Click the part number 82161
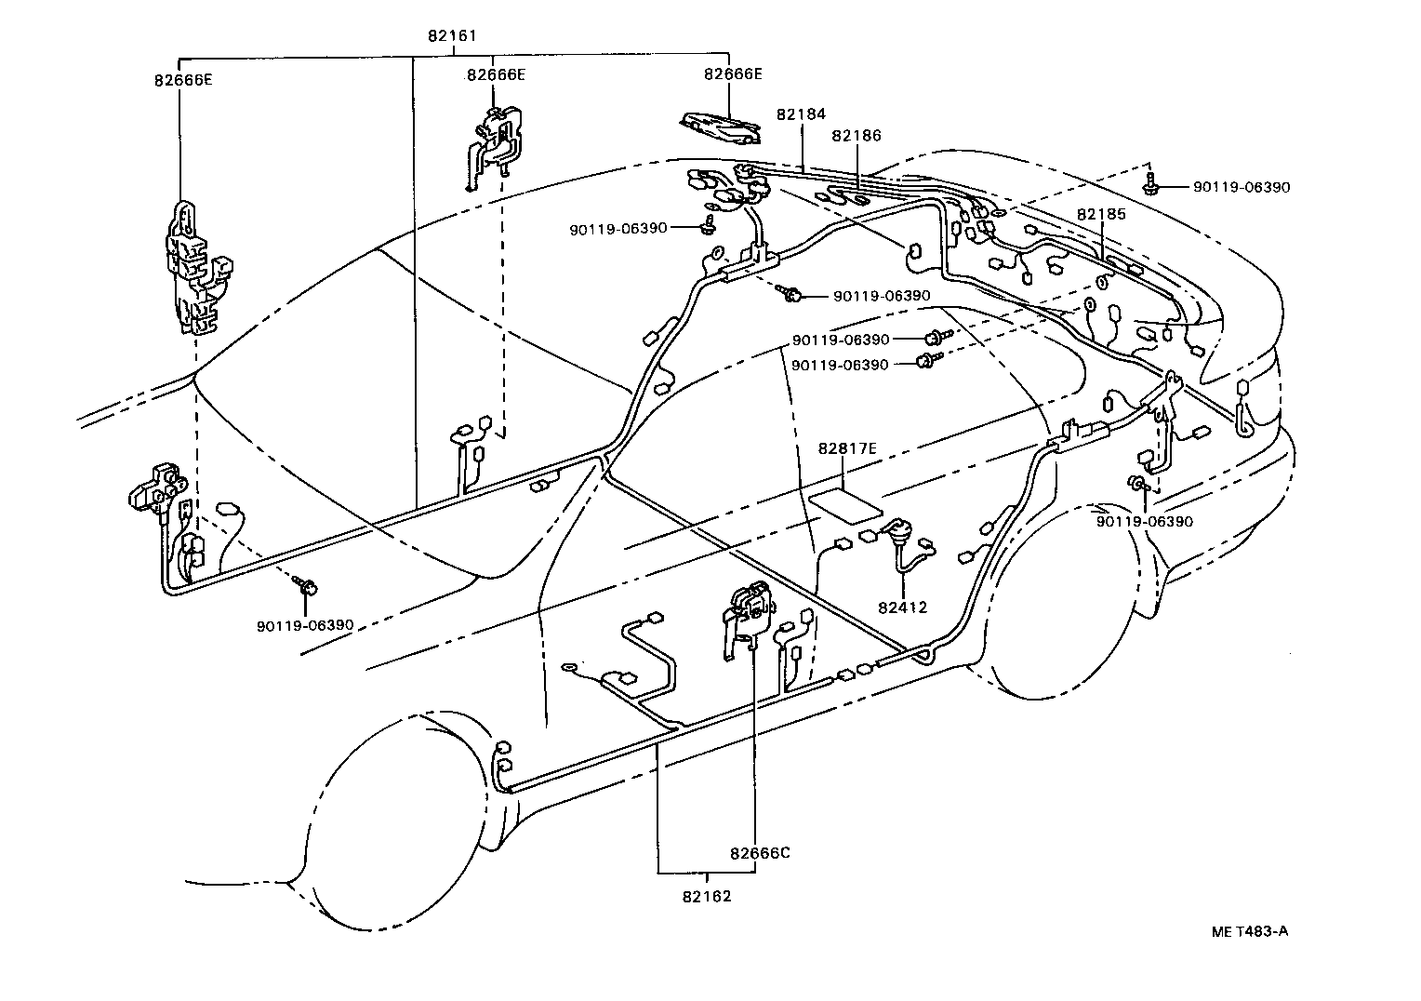click(x=452, y=36)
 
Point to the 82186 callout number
click(x=857, y=136)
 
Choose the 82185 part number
click(x=1101, y=214)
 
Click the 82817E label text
click(x=847, y=448)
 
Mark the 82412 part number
click(x=902, y=608)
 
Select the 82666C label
click(x=760, y=853)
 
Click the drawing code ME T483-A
click(x=1249, y=931)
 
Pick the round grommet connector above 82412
click(x=900, y=535)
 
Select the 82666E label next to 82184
click(x=733, y=74)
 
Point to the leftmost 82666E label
click(x=183, y=80)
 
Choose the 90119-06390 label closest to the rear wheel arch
click(x=1144, y=522)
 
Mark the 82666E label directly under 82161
click(x=496, y=74)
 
